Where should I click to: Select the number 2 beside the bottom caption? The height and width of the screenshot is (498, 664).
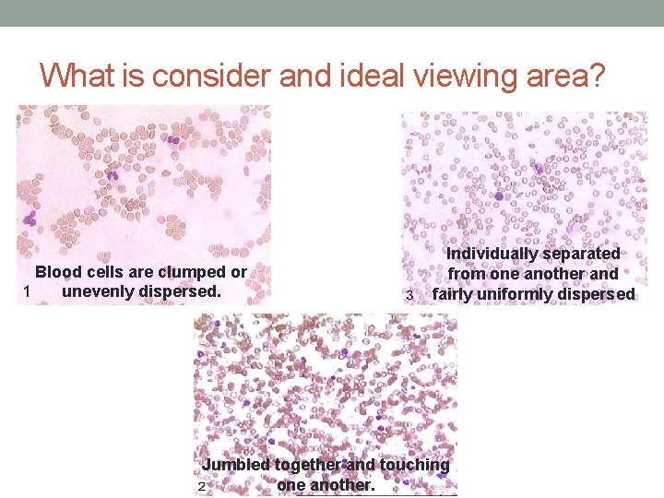200,486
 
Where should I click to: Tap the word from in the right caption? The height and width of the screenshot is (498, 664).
467,274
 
